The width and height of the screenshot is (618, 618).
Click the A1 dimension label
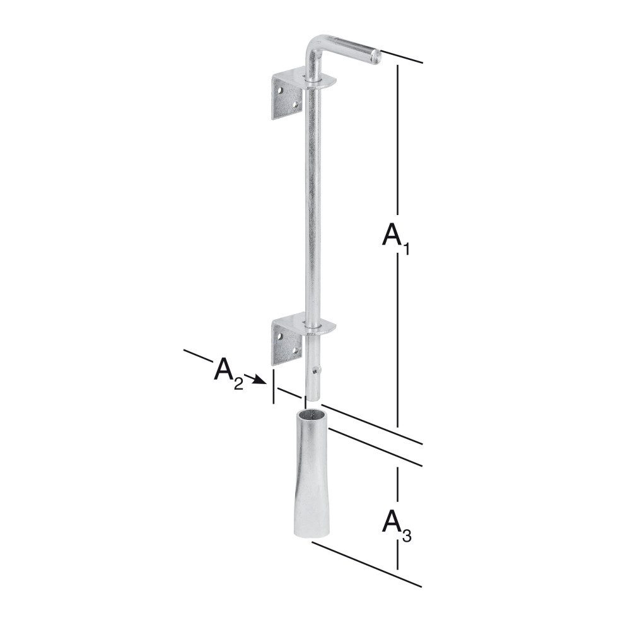tap(396, 239)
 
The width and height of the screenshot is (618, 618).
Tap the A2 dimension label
tap(228, 374)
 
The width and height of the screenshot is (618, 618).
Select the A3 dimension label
tap(397, 526)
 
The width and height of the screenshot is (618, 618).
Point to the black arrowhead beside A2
tap(258, 379)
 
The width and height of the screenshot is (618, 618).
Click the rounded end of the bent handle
tap(376, 55)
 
